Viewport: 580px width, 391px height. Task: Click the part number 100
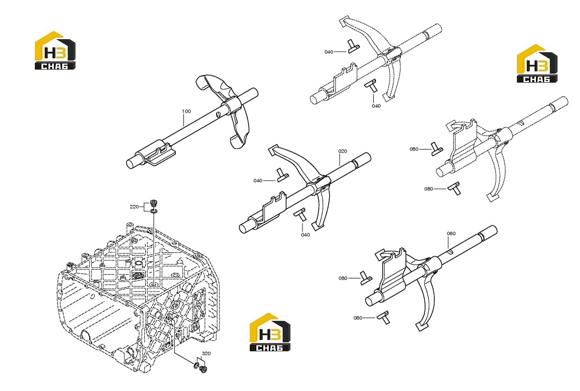(x=186, y=111)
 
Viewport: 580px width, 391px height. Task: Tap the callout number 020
(x=343, y=151)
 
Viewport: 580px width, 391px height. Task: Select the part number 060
(x=451, y=233)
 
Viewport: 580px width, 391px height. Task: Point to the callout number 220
(x=134, y=207)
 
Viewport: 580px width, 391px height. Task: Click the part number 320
(x=206, y=353)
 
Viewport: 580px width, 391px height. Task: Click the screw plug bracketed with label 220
(x=153, y=203)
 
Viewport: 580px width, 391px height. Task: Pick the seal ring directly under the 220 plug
(x=154, y=212)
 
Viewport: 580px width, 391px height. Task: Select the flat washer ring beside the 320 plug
(x=196, y=366)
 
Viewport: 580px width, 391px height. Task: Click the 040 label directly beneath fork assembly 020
(x=305, y=235)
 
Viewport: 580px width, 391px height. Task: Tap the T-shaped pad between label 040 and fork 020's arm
(x=282, y=175)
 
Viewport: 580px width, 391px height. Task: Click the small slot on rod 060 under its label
(x=449, y=252)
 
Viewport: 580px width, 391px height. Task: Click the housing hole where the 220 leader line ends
(x=154, y=284)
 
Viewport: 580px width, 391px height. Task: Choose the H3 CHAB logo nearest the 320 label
(x=270, y=332)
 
